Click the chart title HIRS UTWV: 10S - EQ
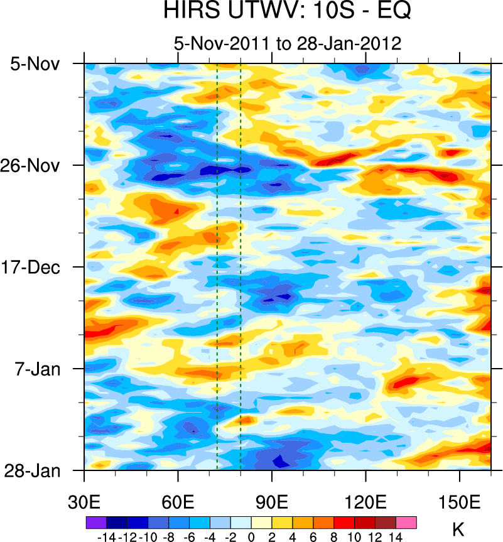287,11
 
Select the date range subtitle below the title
287,44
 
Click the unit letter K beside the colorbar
458,528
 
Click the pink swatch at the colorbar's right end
406,522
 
